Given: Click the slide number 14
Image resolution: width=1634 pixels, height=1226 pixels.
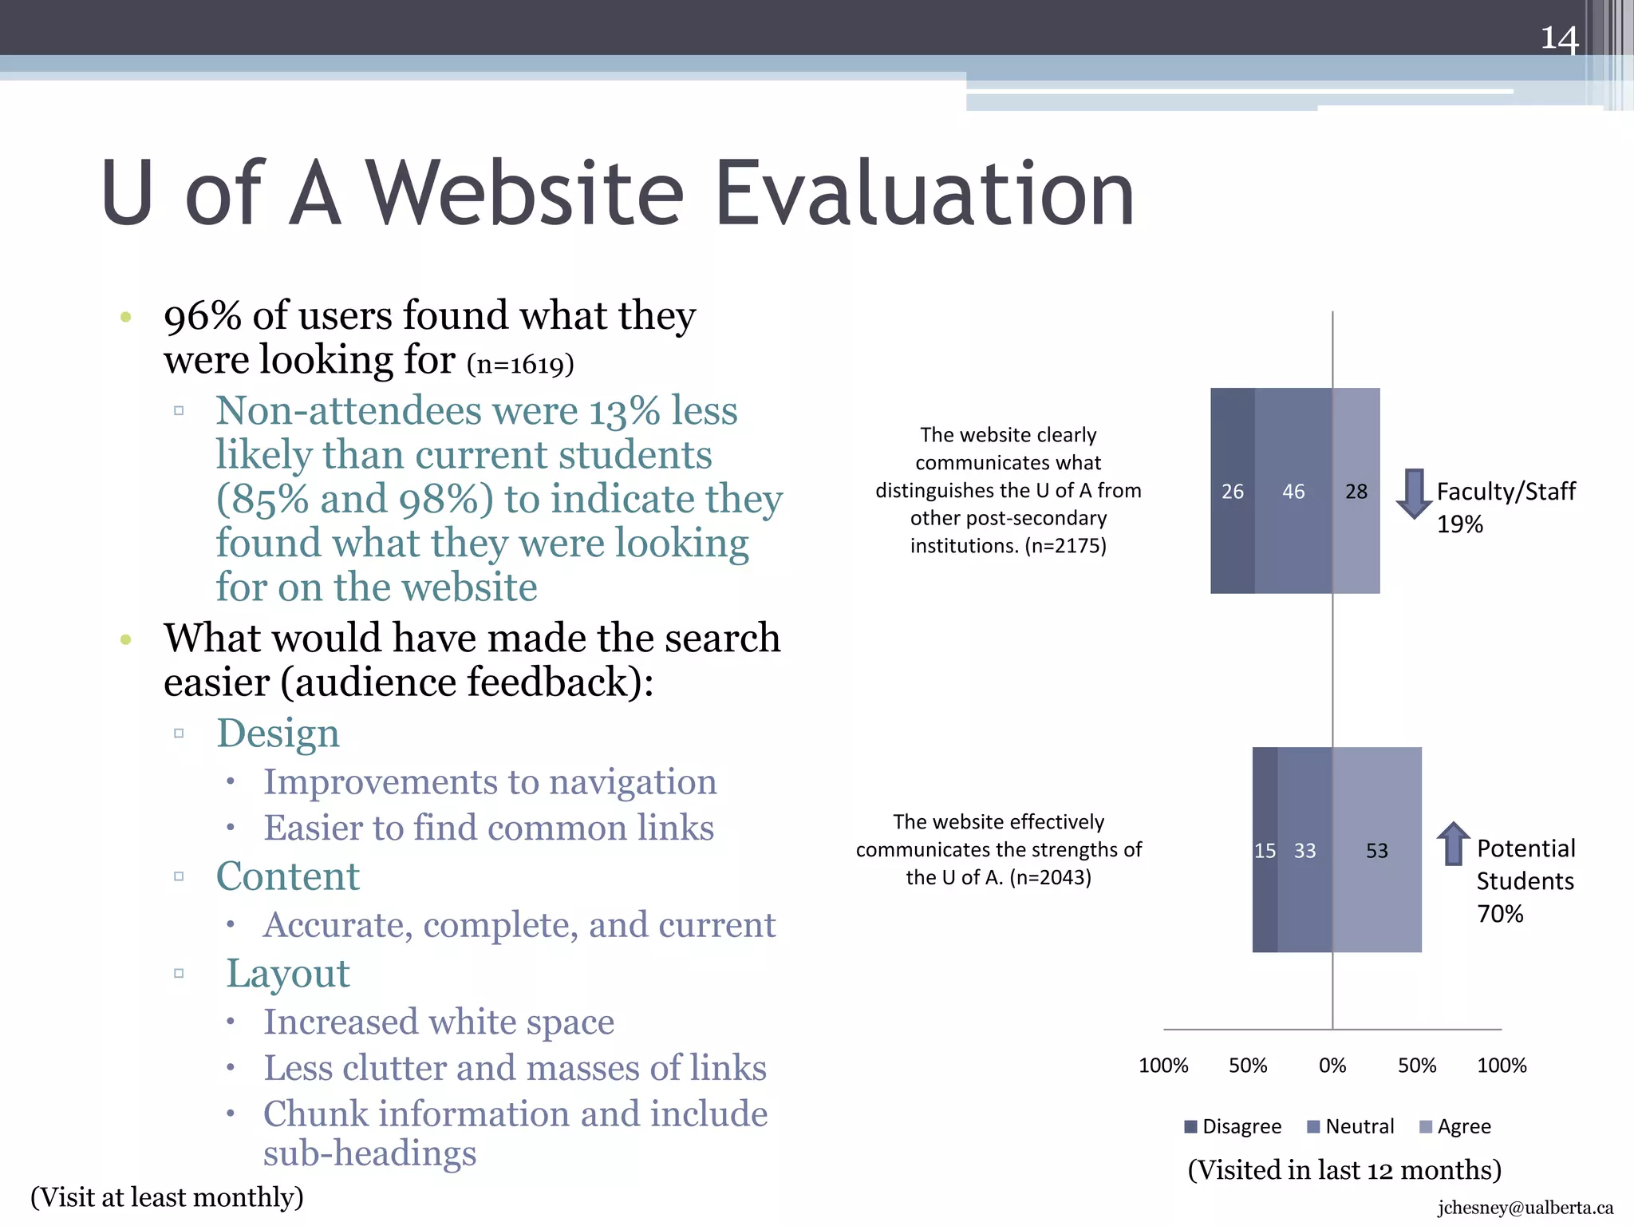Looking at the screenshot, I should (x=1559, y=38).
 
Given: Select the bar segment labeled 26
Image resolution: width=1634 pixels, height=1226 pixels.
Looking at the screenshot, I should (x=1232, y=491).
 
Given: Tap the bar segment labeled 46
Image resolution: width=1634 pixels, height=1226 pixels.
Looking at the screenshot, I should (x=1293, y=491).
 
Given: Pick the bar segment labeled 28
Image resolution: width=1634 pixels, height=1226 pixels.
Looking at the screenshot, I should (x=1356, y=491).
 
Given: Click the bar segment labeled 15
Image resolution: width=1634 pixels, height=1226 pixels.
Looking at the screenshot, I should (x=1265, y=850).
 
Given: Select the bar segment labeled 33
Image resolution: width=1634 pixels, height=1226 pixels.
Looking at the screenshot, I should (x=1304, y=850).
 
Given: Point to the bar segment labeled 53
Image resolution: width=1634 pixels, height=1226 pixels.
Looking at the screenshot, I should (x=1377, y=850).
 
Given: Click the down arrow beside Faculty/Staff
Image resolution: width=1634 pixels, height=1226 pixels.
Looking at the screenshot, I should (x=1414, y=493).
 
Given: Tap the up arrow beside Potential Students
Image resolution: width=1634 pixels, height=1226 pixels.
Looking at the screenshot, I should (x=1454, y=844).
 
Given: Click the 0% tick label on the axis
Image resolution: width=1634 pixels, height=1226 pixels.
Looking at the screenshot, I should (x=1332, y=1066).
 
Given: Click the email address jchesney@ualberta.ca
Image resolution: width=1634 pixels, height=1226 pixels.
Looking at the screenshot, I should (x=1525, y=1208).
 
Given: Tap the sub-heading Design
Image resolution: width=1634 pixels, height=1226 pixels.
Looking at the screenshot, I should (x=278, y=733).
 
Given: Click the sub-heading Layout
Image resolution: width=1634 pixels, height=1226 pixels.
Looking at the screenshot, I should (x=288, y=973).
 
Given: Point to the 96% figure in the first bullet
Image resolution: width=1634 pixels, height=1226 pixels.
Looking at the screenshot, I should (x=203, y=315).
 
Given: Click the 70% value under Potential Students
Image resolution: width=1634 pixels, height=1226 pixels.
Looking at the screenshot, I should (x=1500, y=914).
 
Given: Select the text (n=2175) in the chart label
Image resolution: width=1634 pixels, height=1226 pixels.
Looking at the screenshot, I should (x=1065, y=546).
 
